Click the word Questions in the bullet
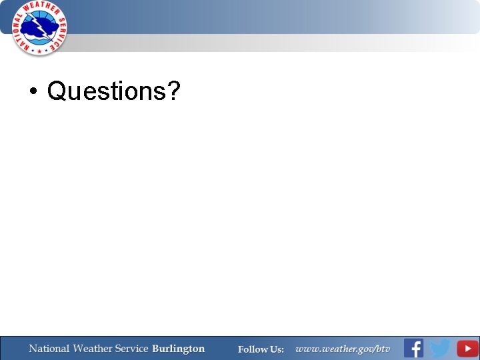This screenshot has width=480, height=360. pos(107,91)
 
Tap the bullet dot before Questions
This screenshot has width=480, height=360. pos(33,92)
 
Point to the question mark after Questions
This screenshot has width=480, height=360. pos(174,91)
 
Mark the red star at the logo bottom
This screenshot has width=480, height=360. pos(40,51)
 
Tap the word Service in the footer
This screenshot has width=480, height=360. pos(132,349)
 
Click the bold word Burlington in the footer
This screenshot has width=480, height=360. pos(178,349)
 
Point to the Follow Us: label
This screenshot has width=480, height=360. pos(261,349)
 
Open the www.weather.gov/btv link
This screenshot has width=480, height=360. pos(343,349)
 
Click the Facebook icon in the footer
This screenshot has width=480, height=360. pos(413,348)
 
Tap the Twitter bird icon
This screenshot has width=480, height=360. pos(439,348)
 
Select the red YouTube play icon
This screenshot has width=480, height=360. pos(467,348)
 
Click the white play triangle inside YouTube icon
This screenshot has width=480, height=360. pos(467,348)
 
